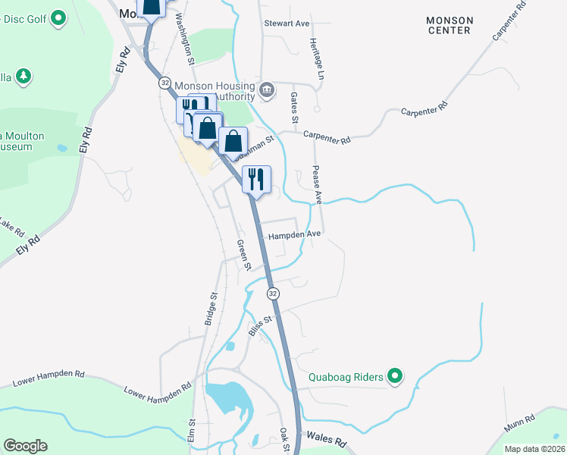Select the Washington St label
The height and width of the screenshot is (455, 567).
point(185,36)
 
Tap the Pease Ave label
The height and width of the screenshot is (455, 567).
point(318,186)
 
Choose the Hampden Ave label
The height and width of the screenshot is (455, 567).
point(296,234)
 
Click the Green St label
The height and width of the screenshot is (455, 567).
point(243,255)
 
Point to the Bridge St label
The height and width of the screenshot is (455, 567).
point(211,309)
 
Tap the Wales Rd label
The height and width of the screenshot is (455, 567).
point(327,439)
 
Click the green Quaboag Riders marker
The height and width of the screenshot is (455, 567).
point(394,375)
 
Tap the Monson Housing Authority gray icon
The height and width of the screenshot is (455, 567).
point(266,92)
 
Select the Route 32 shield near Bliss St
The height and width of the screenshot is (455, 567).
point(273,293)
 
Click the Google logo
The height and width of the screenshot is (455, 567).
point(25,446)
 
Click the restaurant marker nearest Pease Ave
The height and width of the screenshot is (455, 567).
point(256,179)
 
